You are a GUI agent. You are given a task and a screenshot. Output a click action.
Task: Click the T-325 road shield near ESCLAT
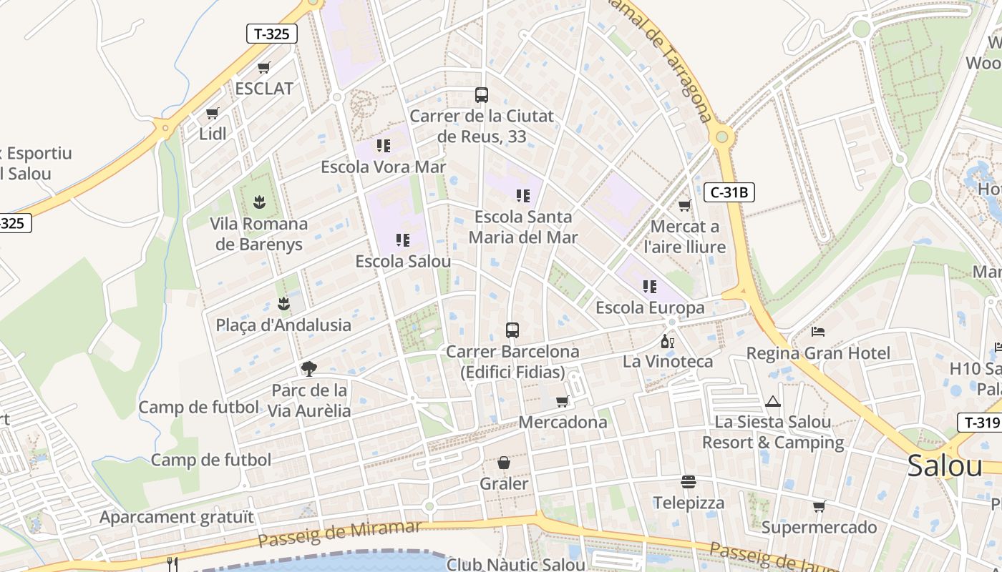[x=271, y=34]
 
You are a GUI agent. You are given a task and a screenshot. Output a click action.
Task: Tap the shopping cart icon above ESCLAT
[x=263, y=68]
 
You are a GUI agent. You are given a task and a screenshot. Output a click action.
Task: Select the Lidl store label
[x=213, y=134]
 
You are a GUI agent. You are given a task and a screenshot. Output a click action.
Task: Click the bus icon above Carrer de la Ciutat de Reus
[x=482, y=95]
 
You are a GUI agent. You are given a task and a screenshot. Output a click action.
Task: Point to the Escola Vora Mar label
[x=383, y=167]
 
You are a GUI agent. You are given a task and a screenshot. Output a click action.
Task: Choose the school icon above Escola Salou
[x=403, y=240]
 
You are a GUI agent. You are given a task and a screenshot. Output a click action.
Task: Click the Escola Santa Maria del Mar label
[x=523, y=227]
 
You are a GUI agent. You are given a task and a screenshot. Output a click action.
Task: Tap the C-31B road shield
[x=729, y=192]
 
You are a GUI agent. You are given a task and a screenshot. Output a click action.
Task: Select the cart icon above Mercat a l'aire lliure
[x=684, y=206]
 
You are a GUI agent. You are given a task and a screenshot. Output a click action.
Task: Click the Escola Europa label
[x=650, y=308]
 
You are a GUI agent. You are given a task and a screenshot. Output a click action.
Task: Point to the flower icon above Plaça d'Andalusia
[x=284, y=304]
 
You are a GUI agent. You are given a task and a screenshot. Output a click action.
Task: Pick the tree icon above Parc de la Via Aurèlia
[x=309, y=369]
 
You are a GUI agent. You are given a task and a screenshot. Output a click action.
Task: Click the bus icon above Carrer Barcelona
[x=512, y=330]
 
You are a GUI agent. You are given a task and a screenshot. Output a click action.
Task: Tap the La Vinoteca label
[x=668, y=361]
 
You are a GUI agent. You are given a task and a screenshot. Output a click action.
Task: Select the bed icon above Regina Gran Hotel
[x=818, y=332]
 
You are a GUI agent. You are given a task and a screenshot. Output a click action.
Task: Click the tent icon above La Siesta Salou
[x=773, y=402]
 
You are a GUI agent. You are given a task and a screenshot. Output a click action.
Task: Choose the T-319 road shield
[x=980, y=423]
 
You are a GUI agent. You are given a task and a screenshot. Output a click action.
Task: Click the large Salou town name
[x=945, y=466]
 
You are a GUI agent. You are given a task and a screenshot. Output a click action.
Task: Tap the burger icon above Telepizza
[x=689, y=482]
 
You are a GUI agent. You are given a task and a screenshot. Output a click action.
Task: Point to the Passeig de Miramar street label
[x=339, y=533]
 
